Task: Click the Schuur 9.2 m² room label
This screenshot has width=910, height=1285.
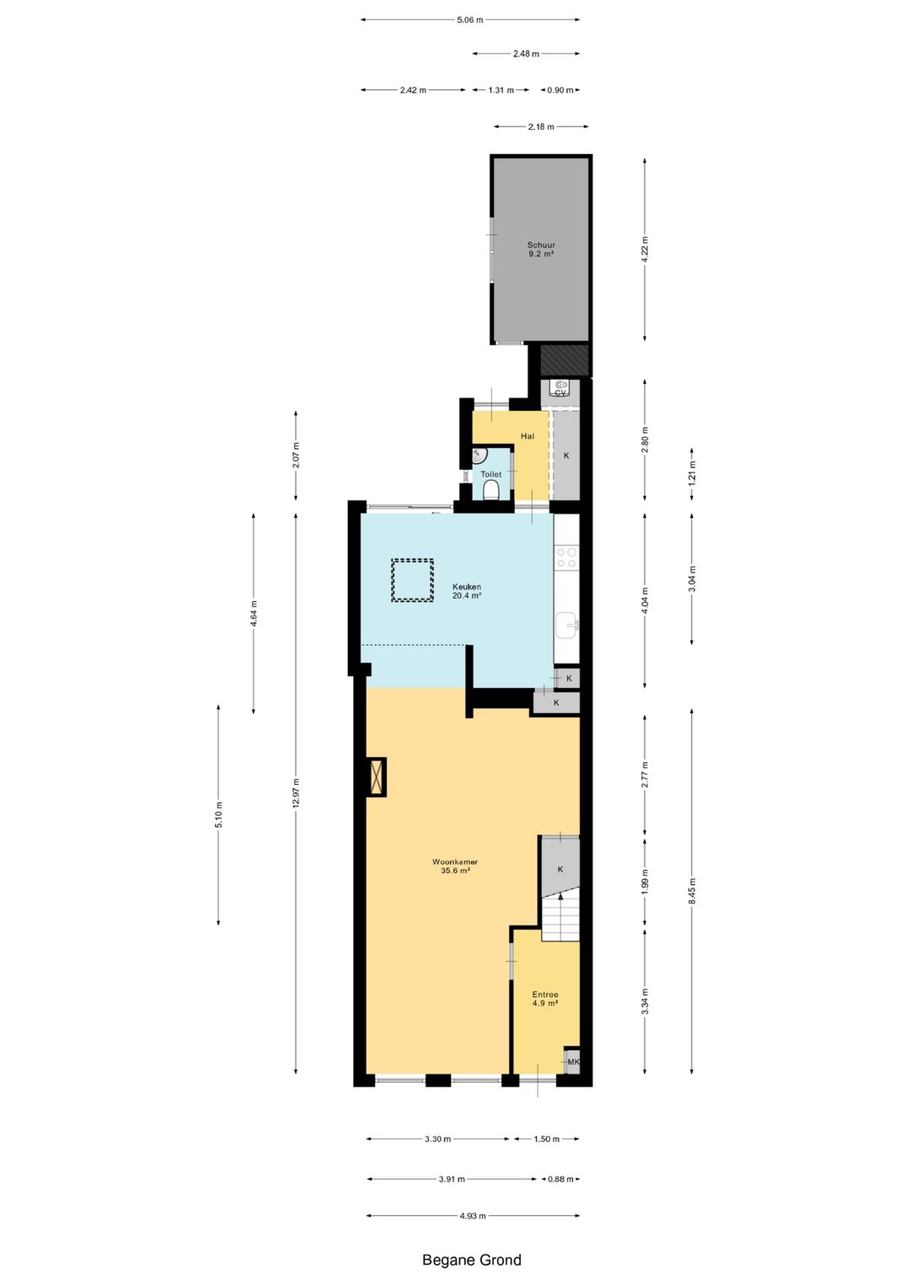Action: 541,249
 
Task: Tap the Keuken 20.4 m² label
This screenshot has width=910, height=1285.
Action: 467,591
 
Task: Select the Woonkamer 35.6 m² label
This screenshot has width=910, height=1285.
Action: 455,866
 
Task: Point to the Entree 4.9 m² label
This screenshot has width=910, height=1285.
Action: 545,999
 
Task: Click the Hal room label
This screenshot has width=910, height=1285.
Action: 527,436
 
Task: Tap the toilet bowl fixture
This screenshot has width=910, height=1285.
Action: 491,490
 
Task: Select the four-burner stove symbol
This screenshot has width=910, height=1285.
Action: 566,557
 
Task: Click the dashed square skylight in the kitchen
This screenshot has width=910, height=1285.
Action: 412,580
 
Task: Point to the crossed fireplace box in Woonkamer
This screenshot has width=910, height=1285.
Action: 377,776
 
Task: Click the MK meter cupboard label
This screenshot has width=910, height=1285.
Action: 573,1062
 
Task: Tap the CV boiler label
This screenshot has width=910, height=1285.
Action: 560,392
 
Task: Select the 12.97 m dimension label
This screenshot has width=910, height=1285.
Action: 296,792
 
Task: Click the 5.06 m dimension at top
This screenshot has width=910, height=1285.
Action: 470,20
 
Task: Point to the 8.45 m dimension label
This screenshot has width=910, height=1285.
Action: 693,891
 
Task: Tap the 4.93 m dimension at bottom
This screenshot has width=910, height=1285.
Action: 473,1216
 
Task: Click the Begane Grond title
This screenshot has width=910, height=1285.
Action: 472,1261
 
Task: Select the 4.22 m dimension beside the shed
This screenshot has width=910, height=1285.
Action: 645,249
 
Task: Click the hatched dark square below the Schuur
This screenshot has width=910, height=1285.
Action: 564,360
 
